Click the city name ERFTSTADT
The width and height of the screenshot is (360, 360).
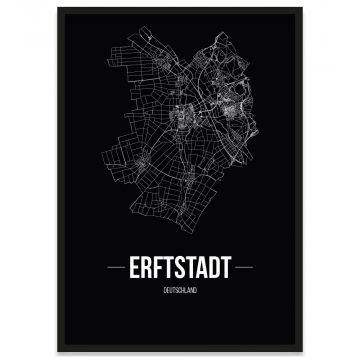(x=180, y=270)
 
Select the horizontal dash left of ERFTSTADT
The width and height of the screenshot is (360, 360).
(x=111, y=270)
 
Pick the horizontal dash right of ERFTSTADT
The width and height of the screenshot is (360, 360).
(x=249, y=270)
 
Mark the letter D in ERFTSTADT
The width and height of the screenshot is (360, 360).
(x=214, y=270)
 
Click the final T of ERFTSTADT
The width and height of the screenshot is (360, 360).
(x=225, y=270)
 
